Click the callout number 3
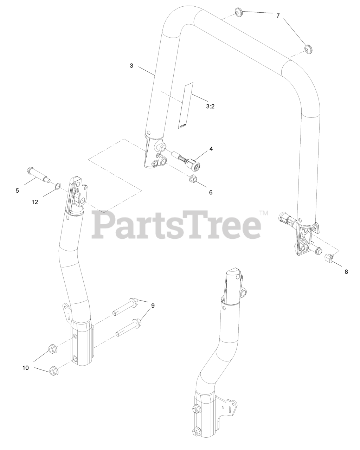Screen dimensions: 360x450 131,66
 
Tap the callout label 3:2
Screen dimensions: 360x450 210,106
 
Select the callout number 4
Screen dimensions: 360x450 211,149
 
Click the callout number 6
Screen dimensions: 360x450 211,192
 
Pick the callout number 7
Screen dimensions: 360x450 278,16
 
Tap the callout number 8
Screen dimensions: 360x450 346,271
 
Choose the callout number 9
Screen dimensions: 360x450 153,306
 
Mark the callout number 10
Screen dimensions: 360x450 26,368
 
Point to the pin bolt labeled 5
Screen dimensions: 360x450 37,174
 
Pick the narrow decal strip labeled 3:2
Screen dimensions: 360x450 185,105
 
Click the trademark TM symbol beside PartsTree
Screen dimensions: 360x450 264,213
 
